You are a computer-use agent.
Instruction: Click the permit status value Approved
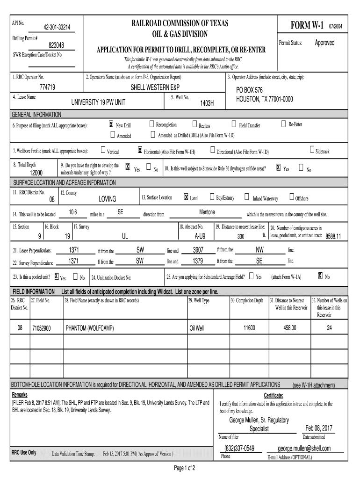click(324, 43)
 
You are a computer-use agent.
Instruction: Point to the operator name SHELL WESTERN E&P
click(153, 88)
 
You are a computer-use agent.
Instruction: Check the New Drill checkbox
click(111, 124)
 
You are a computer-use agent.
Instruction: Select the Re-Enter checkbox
click(283, 124)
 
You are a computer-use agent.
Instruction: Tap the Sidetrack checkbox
click(312, 150)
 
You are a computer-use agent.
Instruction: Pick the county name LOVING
click(108, 199)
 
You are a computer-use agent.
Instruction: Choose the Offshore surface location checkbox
click(292, 197)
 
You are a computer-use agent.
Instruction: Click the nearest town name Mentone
click(207, 212)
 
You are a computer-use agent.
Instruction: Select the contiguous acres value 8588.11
click(333, 236)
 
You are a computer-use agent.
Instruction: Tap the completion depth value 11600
click(249, 328)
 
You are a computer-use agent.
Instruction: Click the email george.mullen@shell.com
click(304, 449)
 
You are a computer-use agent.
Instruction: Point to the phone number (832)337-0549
click(239, 449)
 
